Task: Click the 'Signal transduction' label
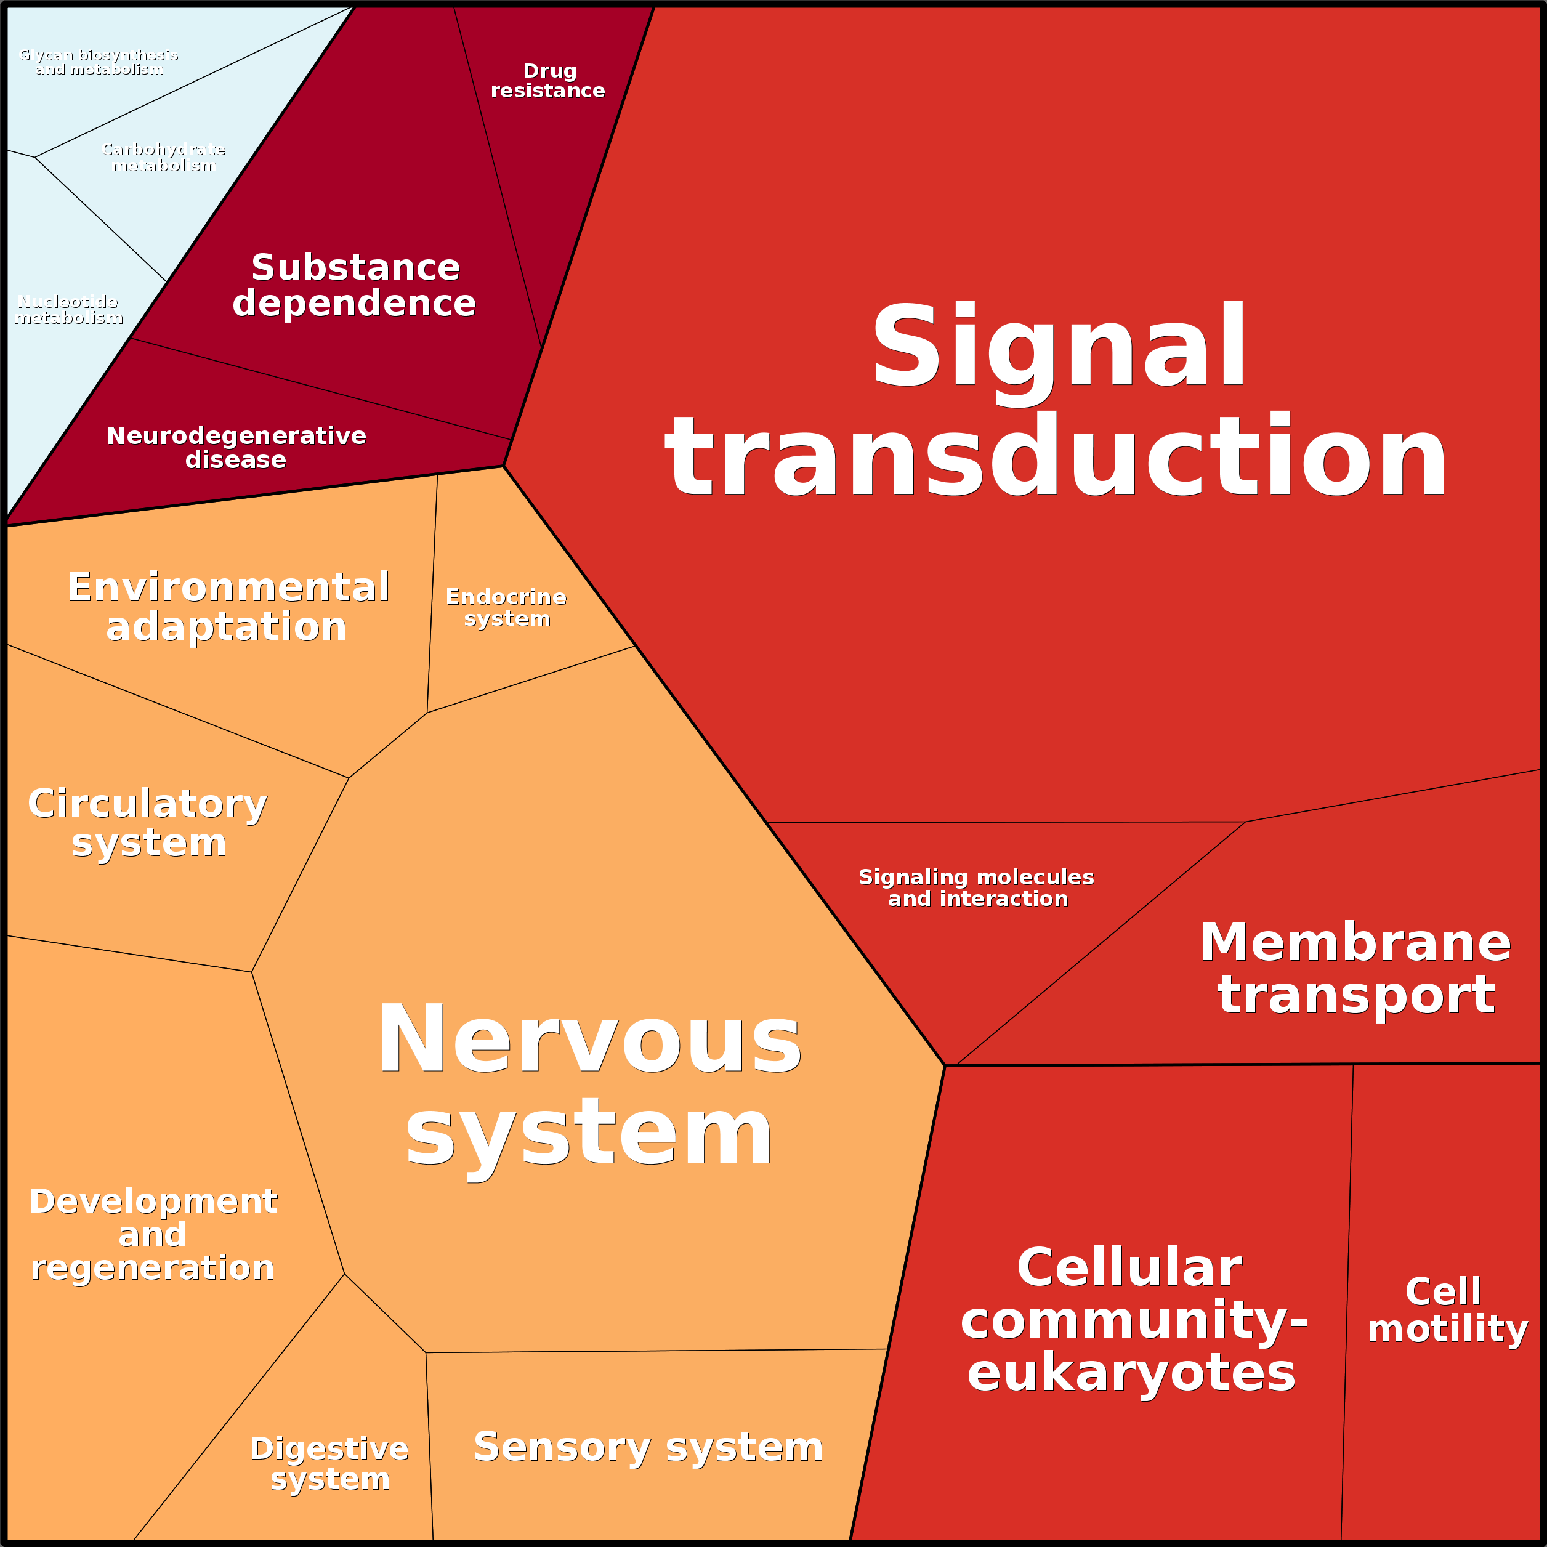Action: tap(1057, 400)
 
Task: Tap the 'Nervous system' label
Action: tap(589, 1085)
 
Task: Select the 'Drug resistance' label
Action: tap(549, 81)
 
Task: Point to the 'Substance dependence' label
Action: tap(355, 285)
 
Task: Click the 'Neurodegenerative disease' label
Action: tap(236, 448)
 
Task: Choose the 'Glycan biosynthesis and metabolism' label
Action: tap(99, 62)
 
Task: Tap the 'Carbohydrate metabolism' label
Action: tap(164, 158)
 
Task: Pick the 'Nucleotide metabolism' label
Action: tap(68, 310)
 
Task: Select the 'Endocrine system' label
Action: tap(506, 608)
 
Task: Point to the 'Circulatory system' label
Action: tap(148, 822)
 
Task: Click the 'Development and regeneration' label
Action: tap(153, 1234)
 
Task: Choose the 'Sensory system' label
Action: tap(648, 1447)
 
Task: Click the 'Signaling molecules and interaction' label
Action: tap(977, 888)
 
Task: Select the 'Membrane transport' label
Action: tap(1355, 968)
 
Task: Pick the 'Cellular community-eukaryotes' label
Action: tap(1133, 1320)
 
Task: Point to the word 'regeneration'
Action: tap(153, 1269)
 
